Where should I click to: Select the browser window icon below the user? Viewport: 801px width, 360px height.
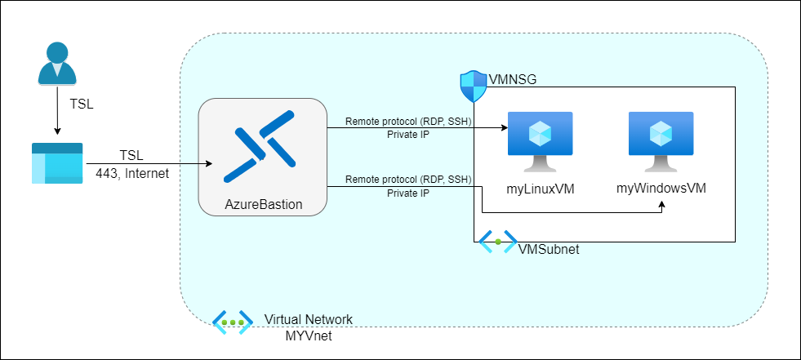[x=57, y=163]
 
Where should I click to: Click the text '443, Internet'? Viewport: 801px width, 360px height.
[x=132, y=172]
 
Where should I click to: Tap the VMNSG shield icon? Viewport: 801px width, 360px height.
[x=474, y=86]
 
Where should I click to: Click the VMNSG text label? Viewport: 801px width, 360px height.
[x=513, y=79]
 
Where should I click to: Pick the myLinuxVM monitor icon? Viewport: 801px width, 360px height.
[x=540, y=141]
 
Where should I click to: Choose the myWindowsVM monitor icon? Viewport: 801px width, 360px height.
[x=661, y=141]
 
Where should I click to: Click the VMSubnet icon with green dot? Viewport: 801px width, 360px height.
[x=497, y=242]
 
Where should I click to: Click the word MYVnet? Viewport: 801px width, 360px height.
[x=308, y=336]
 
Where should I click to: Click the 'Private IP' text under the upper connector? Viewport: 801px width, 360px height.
[x=408, y=134]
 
